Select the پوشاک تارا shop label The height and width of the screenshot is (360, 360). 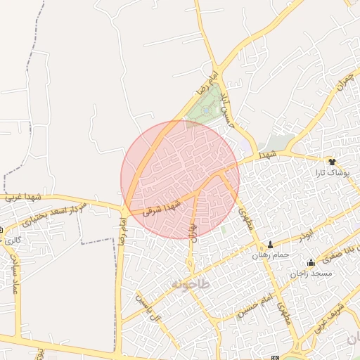(x=333, y=172)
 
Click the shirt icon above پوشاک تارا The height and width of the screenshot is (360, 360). (x=333, y=162)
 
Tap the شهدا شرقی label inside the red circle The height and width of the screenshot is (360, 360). (x=162, y=207)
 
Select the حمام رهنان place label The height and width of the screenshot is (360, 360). (x=270, y=257)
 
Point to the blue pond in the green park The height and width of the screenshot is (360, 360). (x=205, y=111)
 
